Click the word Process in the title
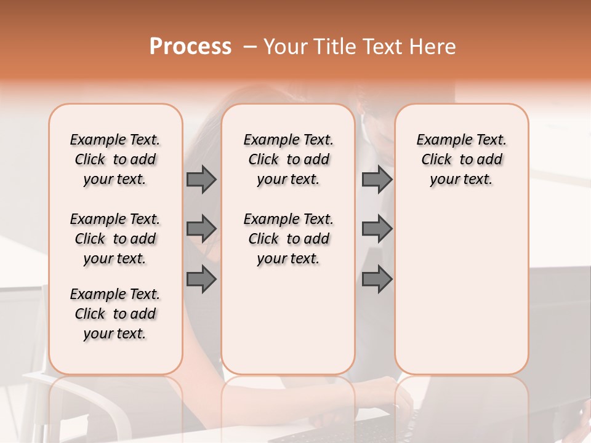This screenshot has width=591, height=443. (x=190, y=47)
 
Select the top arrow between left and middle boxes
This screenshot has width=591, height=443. (x=201, y=179)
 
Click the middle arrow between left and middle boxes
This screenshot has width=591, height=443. (x=201, y=229)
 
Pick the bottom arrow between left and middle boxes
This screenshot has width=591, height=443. (x=201, y=279)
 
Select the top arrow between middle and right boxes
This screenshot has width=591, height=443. (x=377, y=179)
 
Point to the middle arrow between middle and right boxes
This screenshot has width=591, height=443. (x=377, y=229)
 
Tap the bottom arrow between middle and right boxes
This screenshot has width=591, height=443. (x=377, y=279)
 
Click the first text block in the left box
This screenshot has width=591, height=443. (x=115, y=159)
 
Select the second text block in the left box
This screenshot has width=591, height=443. (x=115, y=239)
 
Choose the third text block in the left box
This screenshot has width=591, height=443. (x=115, y=314)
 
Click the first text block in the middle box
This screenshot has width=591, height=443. (x=289, y=159)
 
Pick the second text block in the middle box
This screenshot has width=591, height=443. (x=289, y=239)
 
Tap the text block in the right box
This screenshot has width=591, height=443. (x=462, y=159)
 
